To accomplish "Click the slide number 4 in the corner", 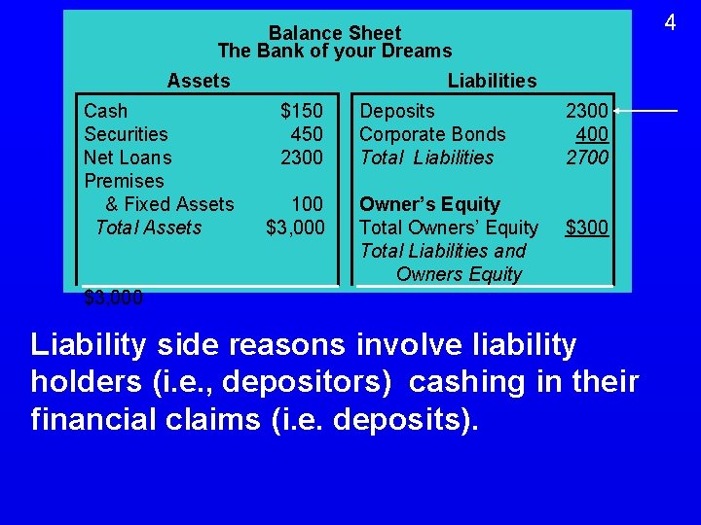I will click(670, 21).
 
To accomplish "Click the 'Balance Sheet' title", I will click(334, 33).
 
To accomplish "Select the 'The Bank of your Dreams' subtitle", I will click(334, 52).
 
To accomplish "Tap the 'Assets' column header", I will click(199, 81).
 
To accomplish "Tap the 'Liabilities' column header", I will click(492, 81).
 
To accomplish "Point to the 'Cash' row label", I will click(105, 111).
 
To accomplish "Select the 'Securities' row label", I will click(126, 134).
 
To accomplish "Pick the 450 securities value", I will click(307, 134).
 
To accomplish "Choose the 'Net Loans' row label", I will click(128, 157).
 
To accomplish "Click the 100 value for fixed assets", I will click(307, 204).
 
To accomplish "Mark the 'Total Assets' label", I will click(148, 227).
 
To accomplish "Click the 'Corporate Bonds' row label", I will click(432, 134).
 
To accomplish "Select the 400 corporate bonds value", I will click(592, 134).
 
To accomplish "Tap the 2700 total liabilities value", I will click(587, 157).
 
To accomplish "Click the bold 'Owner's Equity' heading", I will click(429, 204).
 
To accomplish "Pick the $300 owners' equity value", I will click(587, 227).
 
